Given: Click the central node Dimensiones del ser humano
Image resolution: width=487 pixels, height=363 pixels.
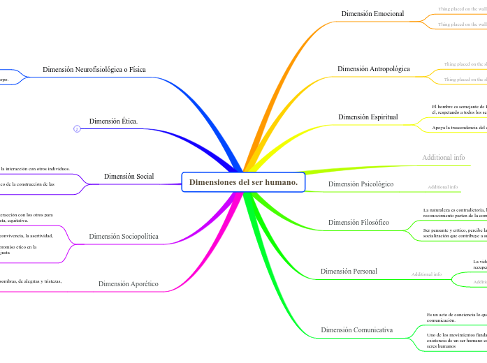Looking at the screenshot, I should point(243,182).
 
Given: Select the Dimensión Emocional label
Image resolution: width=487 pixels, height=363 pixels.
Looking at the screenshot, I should point(372,14).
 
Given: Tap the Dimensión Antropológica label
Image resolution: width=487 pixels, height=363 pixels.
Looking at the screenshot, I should point(373,69).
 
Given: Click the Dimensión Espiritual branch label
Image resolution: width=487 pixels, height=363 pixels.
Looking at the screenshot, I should point(368,117).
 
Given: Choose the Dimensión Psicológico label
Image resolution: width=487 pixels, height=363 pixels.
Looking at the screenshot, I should point(361,184).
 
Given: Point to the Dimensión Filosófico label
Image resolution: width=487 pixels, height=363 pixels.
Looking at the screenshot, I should point(358,223).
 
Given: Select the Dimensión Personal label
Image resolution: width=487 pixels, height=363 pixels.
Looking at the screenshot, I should point(349,271).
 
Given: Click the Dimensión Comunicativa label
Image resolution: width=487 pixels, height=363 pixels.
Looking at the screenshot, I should point(356,329).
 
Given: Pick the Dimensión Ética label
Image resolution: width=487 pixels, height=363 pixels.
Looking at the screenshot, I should point(113,121).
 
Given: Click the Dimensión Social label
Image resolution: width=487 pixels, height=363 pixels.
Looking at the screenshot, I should point(129,177).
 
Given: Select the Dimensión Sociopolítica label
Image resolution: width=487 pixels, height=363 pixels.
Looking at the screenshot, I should point(124,237).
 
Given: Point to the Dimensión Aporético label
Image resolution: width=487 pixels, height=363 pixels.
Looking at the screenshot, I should point(128,284).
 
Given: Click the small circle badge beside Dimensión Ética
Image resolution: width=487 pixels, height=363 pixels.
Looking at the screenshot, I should point(77,128).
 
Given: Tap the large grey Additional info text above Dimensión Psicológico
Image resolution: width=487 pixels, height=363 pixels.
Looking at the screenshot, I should point(443,158).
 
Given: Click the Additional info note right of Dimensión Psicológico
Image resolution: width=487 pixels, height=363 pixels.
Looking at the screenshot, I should point(443,187).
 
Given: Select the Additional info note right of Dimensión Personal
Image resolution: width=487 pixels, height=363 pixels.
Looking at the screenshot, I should point(426,274).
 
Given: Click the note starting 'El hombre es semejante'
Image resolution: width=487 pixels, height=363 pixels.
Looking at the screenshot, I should point(458,109).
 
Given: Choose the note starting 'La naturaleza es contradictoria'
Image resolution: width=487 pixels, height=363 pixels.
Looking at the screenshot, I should point(454,212).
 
